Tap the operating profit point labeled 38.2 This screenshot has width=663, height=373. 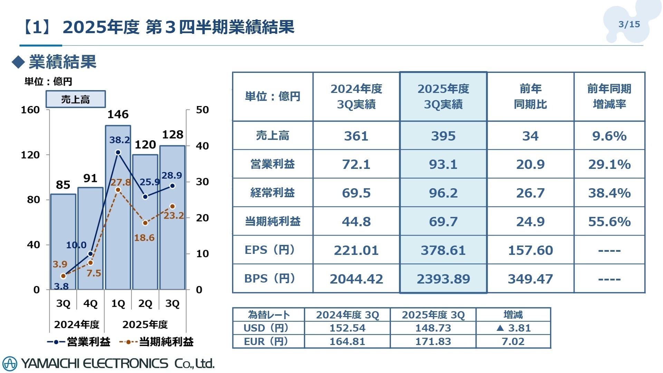pos(118,152)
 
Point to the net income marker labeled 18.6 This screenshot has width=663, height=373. pos(145,223)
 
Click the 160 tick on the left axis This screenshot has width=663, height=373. pos(30,110)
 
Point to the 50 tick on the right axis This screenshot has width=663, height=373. pos(202,110)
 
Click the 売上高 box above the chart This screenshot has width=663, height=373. pos(76,99)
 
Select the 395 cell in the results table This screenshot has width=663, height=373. pos(443,136)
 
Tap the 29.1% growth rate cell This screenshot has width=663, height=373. pos(609,164)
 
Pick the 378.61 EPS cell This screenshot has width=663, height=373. pos(443,250)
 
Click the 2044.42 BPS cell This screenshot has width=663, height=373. pos(356,279)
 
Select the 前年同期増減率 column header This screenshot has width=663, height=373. pos(609,96)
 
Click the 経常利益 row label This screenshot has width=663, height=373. pos(272,193)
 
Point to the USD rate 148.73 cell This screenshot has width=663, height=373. pos(433,328)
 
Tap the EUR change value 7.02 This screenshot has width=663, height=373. pos(513,342)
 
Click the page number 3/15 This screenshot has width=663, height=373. pos(629,24)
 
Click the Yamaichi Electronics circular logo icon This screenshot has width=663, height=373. pos(10,364)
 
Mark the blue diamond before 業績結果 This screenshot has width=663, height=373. pos(18,62)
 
